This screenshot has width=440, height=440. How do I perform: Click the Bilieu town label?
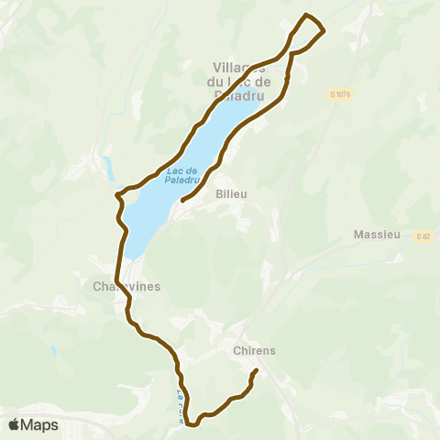[231, 194]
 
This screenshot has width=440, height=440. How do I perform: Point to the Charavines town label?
[126, 287]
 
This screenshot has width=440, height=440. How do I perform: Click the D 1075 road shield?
[340, 93]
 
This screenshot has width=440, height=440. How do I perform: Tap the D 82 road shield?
[423, 236]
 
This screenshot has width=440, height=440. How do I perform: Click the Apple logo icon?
[14, 424]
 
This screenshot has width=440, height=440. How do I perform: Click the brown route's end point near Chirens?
[256, 370]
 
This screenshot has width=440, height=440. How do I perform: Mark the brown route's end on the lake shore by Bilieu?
[183, 200]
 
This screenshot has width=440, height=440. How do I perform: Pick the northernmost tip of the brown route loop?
[306, 16]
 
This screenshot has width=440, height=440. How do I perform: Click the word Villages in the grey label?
[239, 67]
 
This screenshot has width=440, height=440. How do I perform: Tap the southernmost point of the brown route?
[191, 424]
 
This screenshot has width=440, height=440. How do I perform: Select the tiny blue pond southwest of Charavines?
[53, 349]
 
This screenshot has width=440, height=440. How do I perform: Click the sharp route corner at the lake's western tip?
[116, 195]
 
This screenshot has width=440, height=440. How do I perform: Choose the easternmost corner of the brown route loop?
[324, 32]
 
